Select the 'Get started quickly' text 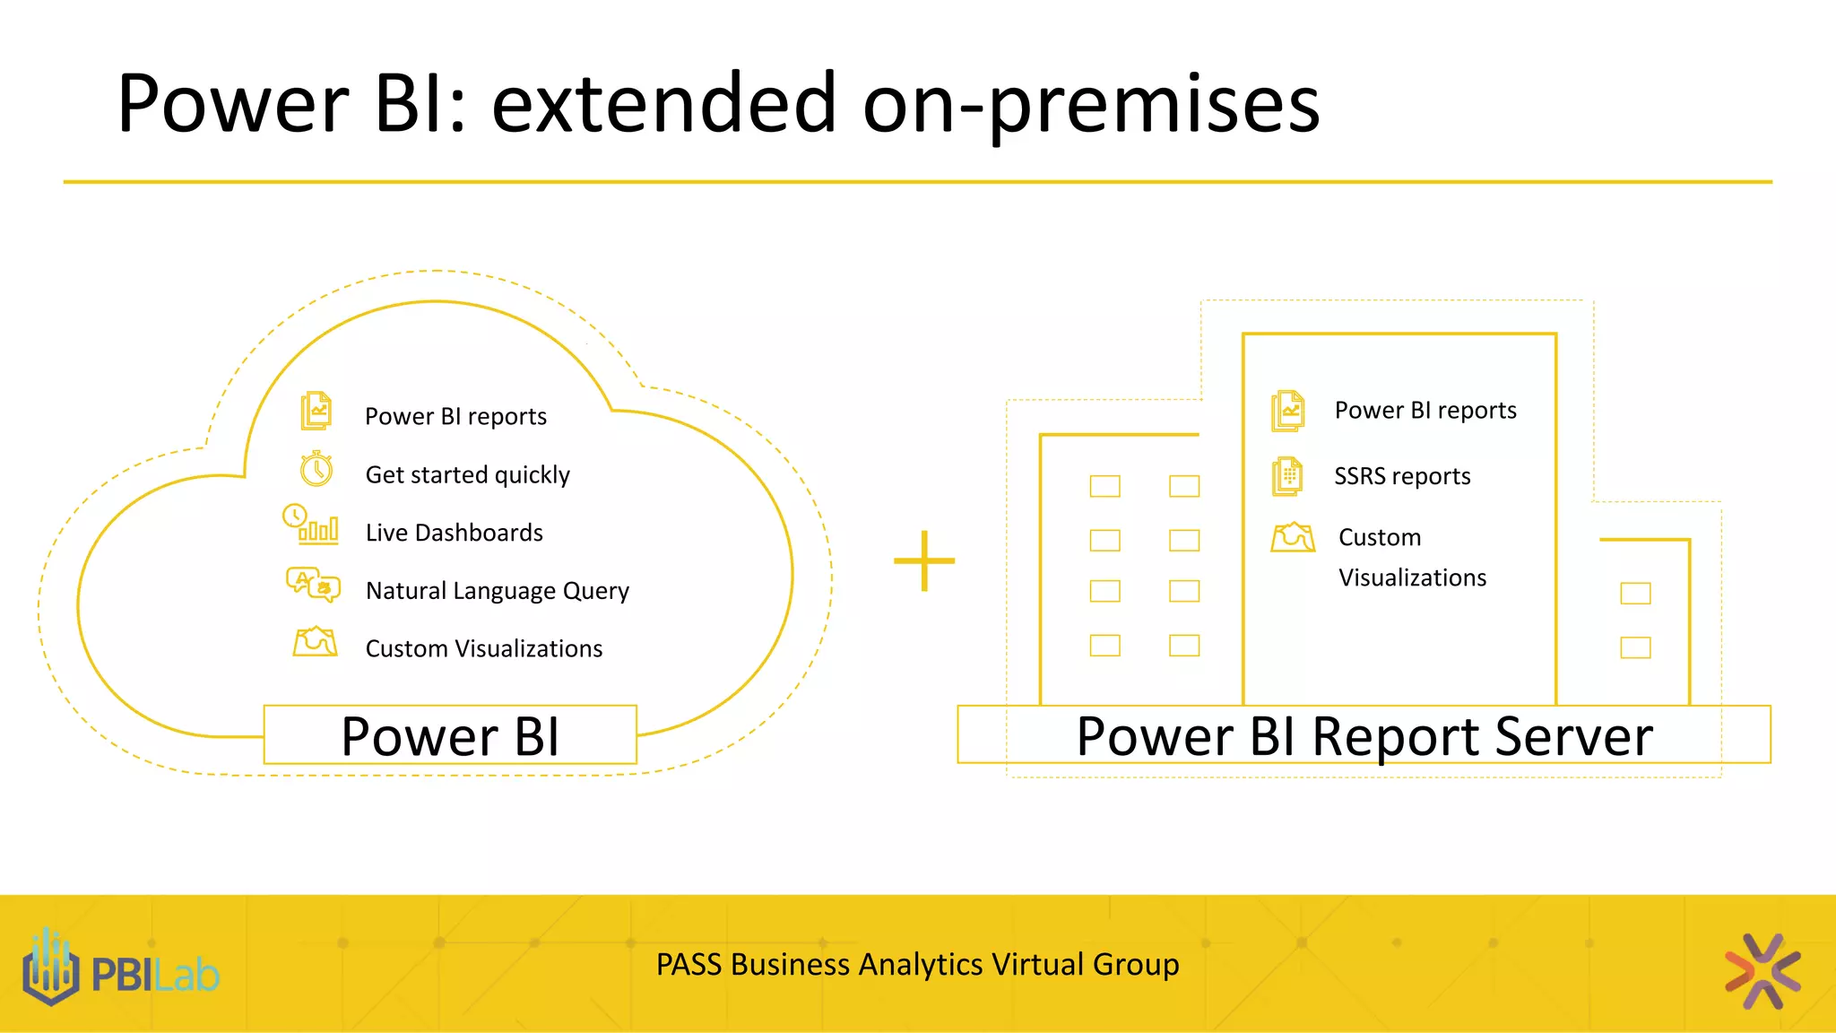tap(467, 474)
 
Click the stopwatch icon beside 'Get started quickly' tap(316, 469)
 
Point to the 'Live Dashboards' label tap(454, 533)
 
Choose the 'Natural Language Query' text tap(497, 591)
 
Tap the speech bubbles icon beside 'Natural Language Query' tap(313, 585)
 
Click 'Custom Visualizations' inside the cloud tap(483, 648)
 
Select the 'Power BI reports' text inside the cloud tap(455, 416)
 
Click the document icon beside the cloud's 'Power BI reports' tap(316, 411)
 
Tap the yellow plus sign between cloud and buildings tap(924, 561)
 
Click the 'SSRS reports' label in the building tap(1402, 476)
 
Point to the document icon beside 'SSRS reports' tap(1287, 476)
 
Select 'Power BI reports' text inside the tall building tap(1425, 410)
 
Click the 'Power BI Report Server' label tap(1364, 736)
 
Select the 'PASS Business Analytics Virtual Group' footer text tap(917, 965)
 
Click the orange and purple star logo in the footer tap(1762, 971)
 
